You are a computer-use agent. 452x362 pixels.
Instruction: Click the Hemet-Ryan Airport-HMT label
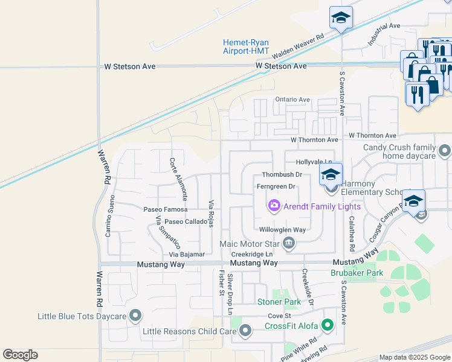coord(245,46)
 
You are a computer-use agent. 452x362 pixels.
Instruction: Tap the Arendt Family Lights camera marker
coord(274,206)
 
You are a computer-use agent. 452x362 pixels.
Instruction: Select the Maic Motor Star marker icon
coord(289,244)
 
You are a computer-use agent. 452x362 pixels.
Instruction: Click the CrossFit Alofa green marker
coord(328,326)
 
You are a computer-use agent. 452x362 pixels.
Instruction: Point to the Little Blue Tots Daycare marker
coord(135,316)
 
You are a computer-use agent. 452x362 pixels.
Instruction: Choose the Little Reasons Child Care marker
coord(245,331)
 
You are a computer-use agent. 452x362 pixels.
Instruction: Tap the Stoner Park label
coord(279,302)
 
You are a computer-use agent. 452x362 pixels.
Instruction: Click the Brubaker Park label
coord(357,273)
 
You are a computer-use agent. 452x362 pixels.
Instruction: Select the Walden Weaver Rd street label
coord(298,45)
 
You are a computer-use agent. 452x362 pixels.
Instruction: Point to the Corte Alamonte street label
coord(179,179)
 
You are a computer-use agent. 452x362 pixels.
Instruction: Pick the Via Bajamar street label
coord(187,255)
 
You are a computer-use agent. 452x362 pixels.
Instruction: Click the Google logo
coord(20,355)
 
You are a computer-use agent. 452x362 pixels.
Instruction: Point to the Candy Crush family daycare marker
coord(445,149)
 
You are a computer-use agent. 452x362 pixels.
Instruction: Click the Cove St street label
coord(280,316)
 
